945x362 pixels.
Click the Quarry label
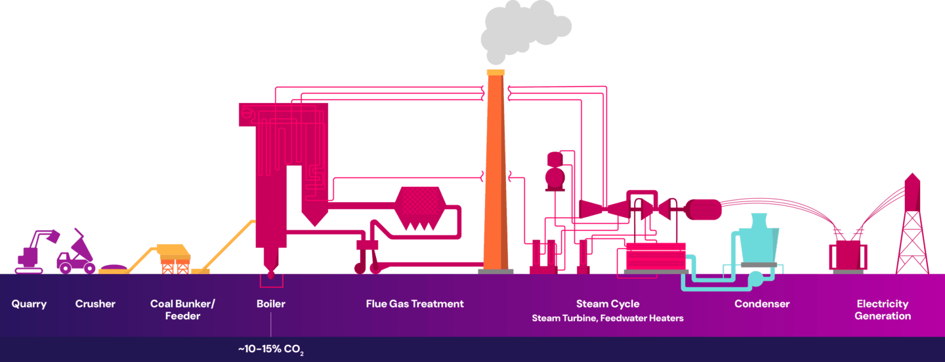[x=29, y=304]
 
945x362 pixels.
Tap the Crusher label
[x=95, y=304]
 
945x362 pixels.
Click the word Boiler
[x=271, y=304]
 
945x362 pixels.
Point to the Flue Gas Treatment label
[x=415, y=304]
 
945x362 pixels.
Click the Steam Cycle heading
[x=608, y=304]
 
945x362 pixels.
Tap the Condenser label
[x=762, y=304]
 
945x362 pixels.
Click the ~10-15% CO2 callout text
[x=271, y=349]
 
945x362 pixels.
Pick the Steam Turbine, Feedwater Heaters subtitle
[x=608, y=319]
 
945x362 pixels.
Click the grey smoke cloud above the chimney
[x=518, y=30]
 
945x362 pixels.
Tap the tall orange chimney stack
[x=495, y=177]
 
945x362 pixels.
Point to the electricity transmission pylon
[x=912, y=230]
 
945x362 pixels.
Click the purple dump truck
[x=77, y=256]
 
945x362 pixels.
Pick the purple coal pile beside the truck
[x=114, y=268]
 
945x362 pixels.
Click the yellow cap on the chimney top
[x=495, y=71]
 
